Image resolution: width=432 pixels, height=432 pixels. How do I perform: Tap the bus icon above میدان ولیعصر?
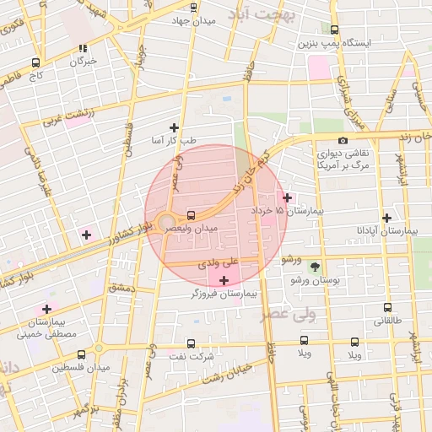[191, 215]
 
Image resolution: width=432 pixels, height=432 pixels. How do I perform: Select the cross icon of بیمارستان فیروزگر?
[224, 280]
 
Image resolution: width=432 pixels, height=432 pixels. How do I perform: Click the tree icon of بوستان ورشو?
[315, 267]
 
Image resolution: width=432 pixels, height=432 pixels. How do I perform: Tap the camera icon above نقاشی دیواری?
[343, 140]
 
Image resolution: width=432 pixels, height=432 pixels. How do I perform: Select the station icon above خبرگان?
[82, 49]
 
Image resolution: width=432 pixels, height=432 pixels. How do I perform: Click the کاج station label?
[35, 75]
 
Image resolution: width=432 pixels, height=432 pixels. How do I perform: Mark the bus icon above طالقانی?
[387, 308]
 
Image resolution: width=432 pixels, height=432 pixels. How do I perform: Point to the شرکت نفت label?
[191, 356]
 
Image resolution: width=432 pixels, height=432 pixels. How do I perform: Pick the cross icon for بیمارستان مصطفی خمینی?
[46, 309]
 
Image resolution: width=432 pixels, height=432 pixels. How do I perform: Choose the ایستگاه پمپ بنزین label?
[340, 42]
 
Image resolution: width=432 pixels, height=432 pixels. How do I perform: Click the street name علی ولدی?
[219, 264]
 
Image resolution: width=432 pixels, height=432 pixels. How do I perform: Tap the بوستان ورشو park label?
[314, 280]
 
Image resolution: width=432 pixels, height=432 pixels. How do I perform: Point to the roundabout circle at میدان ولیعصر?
[166, 224]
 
